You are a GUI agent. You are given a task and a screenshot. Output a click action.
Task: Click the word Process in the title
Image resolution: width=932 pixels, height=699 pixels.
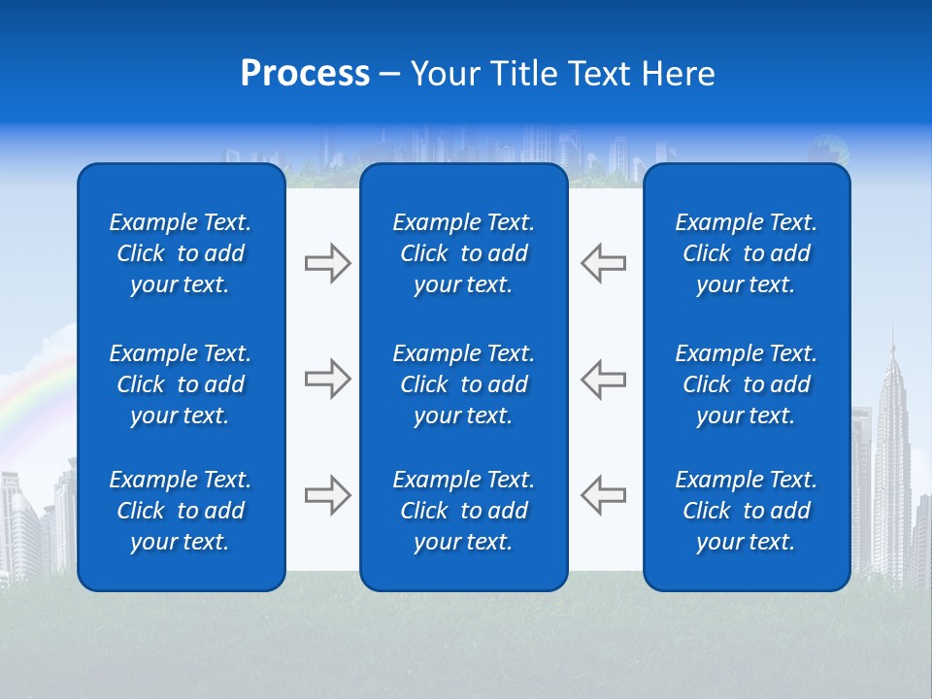pos(305,74)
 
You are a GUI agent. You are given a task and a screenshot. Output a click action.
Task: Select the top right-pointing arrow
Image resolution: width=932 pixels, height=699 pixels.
pos(327,263)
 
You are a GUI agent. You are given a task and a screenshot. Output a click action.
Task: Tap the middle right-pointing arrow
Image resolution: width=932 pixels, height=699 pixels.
pos(327,379)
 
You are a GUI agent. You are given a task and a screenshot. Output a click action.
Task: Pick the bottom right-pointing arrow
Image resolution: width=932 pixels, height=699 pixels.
pos(327,495)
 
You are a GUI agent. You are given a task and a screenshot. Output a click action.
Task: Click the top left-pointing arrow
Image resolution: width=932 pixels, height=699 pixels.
pos(603,263)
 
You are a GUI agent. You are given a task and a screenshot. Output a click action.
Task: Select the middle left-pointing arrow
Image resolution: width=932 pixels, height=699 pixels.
pos(603,379)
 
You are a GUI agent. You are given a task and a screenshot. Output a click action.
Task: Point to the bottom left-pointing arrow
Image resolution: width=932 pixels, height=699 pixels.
pos(603,495)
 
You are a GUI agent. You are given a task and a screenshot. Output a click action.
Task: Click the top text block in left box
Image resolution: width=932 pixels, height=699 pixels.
pos(181,253)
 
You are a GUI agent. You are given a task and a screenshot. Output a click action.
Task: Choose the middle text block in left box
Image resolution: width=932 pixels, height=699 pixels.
pos(181,384)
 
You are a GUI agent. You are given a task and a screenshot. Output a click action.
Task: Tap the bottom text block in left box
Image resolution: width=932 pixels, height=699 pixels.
pos(181,511)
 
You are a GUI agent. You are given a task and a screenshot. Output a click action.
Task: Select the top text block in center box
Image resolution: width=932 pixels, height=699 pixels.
pos(463,253)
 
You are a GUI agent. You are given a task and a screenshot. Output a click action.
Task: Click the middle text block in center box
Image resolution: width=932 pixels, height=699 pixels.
pos(463,384)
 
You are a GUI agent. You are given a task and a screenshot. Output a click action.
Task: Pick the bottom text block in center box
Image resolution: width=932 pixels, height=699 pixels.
pos(463,511)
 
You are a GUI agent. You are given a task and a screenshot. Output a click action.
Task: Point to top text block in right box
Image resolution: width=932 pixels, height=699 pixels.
pos(746,253)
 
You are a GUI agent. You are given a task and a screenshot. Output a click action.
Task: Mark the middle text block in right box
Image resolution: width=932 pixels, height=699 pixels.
pos(746,384)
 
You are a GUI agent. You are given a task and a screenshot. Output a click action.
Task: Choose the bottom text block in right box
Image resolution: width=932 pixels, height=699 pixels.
pos(746,511)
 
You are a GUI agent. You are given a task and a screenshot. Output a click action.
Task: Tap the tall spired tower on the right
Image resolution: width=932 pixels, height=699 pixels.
pos(890,437)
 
